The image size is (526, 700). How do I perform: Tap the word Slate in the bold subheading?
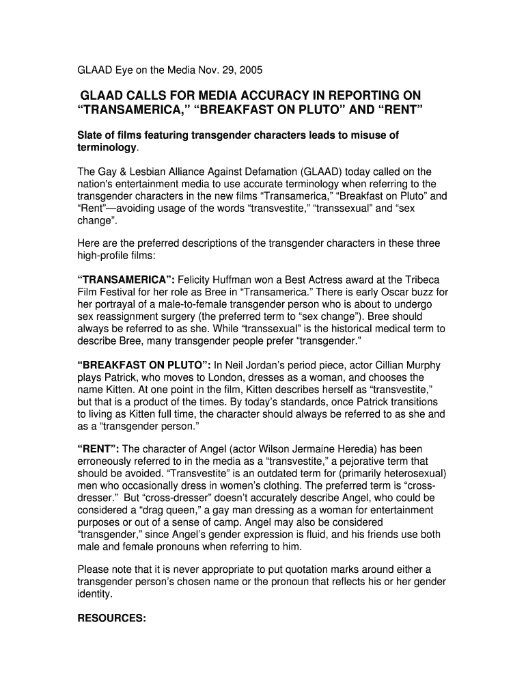click(x=89, y=135)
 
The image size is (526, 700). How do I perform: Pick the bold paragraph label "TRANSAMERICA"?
click(x=126, y=280)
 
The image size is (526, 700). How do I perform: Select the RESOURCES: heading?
click(x=111, y=619)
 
